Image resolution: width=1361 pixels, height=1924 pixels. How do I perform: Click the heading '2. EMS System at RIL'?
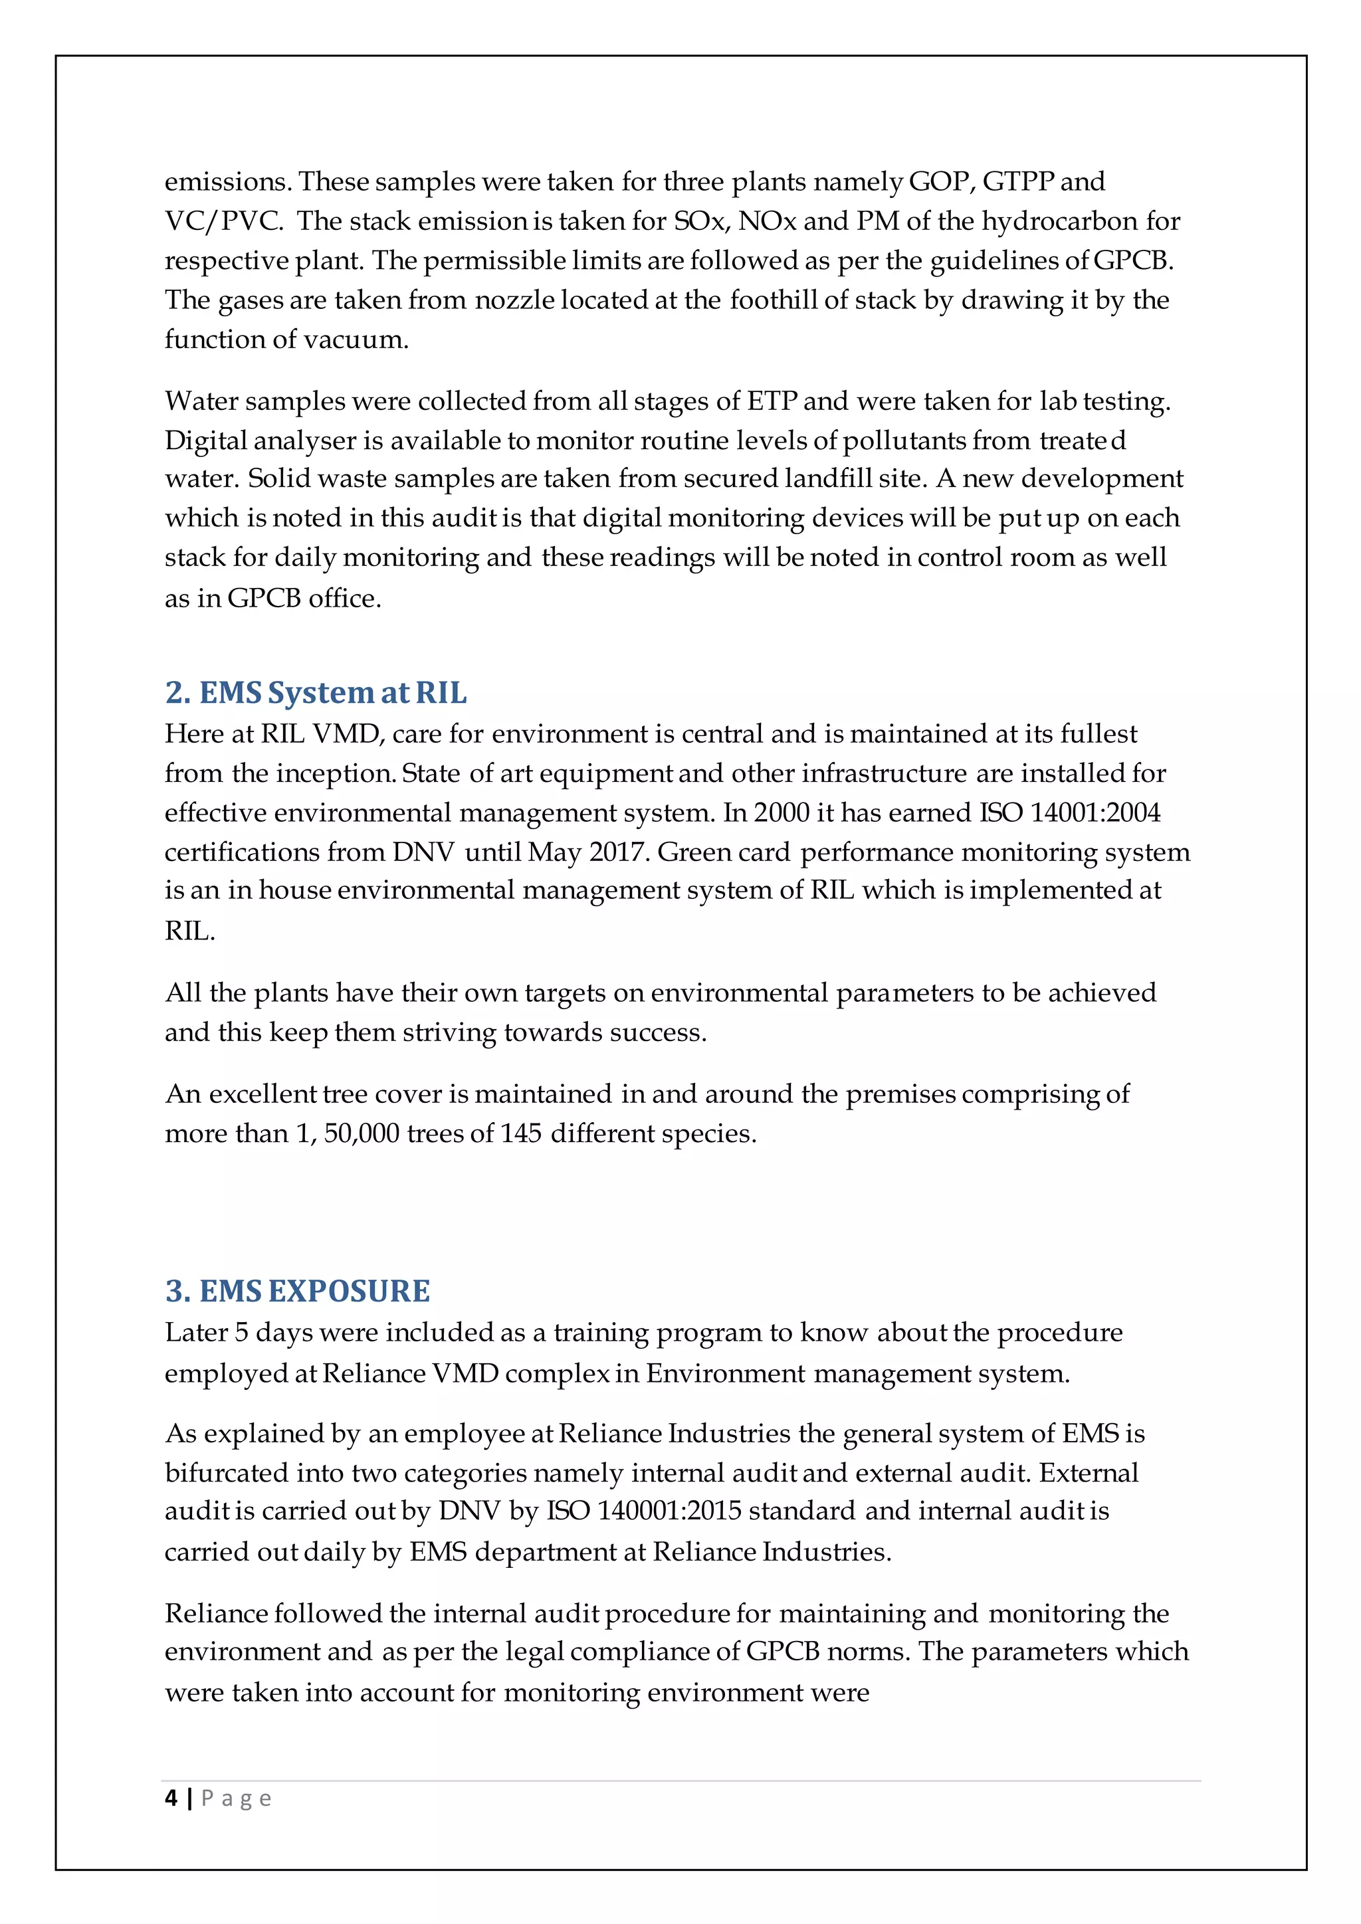[316, 693]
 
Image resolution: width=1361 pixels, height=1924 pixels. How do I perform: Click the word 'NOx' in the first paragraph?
[767, 221]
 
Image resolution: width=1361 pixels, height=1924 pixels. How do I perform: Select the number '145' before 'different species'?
[520, 1134]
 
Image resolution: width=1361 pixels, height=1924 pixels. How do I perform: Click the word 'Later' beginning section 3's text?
[196, 1333]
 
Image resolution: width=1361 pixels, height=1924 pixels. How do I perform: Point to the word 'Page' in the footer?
[237, 1798]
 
